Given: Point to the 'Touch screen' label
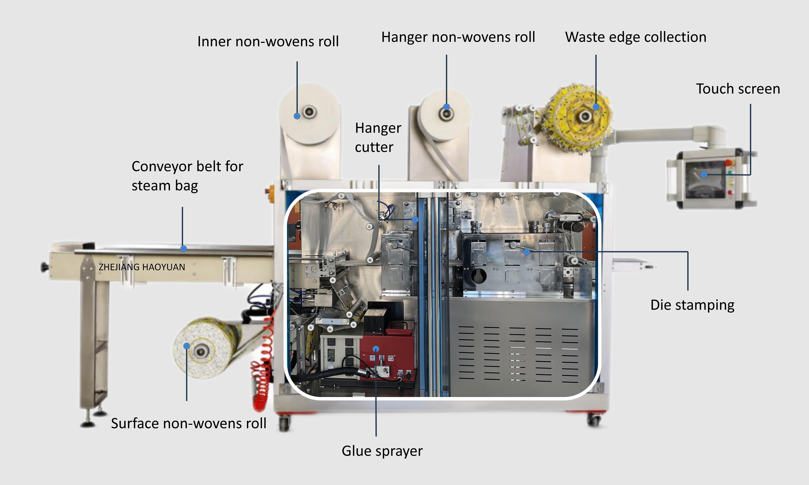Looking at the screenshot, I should [x=738, y=89].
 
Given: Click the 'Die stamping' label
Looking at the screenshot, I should [x=692, y=305].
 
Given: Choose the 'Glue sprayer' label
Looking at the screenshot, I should [x=382, y=451].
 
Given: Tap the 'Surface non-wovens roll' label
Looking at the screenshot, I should [x=189, y=424].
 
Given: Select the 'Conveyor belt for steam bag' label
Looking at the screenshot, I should [x=187, y=176].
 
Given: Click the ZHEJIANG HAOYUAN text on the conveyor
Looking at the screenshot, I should [x=142, y=267].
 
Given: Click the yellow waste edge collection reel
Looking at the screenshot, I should [x=579, y=118].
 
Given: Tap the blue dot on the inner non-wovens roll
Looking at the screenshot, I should [x=297, y=116].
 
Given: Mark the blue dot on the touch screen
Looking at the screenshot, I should [x=704, y=175].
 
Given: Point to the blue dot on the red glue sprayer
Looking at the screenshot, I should [x=376, y=349].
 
